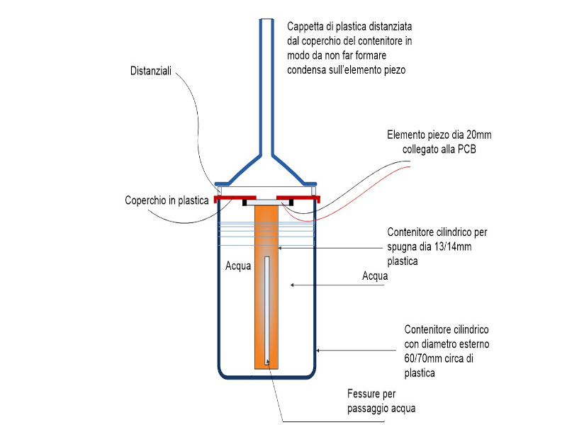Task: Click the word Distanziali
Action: (x=154, y=72)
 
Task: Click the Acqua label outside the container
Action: (x=374, y=276)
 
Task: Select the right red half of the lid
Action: (x=298, y=197)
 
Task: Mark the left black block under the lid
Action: (x=245, y=203)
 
